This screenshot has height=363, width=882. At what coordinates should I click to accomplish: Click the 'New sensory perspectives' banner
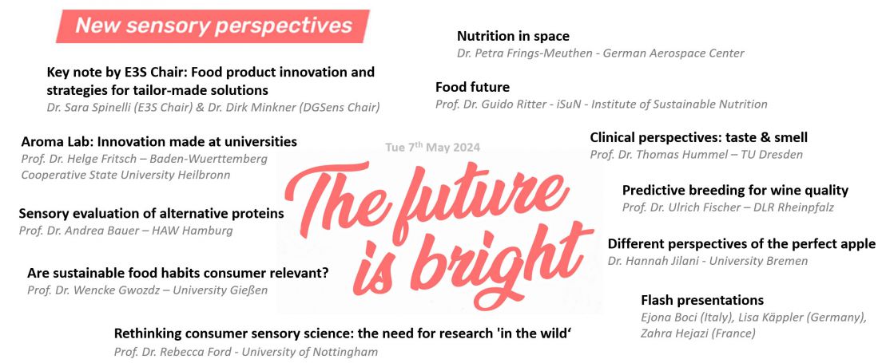click(213, 26)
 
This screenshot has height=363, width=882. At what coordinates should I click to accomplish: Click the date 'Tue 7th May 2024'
click(432, 148)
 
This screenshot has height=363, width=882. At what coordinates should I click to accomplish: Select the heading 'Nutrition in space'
click(513, 37)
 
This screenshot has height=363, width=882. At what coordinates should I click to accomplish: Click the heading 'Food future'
click(472, 87)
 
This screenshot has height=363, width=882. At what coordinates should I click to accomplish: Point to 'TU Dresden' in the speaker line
click(777, 155)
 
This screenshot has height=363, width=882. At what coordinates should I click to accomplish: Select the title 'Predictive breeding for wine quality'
click(735, 191)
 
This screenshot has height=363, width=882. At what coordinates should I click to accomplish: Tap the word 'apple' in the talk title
click(858, 244)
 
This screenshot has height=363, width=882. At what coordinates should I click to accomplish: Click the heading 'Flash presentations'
click(702, 299)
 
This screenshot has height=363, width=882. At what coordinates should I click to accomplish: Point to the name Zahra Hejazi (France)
click(697, 333)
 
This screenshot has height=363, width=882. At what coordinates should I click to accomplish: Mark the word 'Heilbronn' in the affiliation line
click(205, 176)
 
